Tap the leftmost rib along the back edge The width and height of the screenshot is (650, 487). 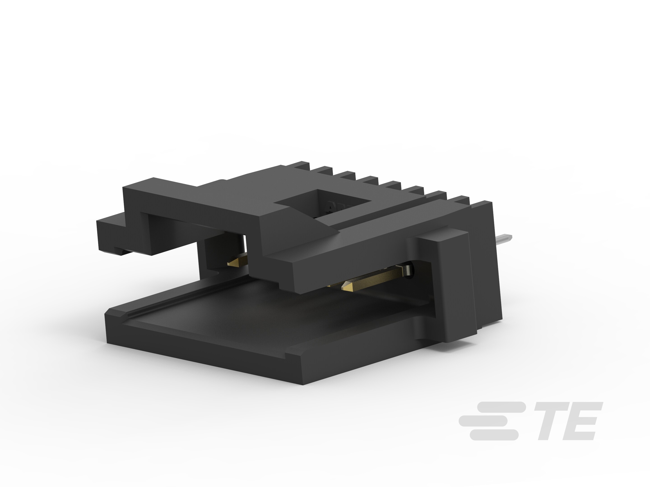[303, 166]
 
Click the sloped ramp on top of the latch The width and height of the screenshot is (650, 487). [311, 226]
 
